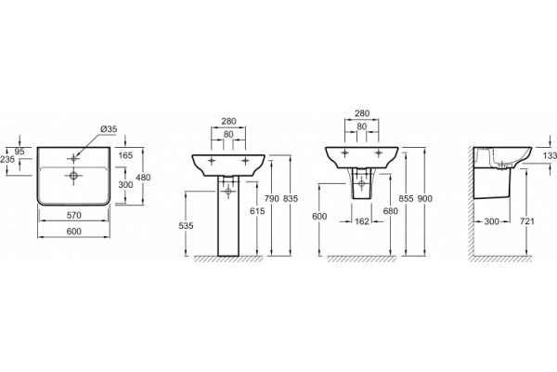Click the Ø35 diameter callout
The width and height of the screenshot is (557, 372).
109,129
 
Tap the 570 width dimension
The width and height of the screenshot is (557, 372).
74,216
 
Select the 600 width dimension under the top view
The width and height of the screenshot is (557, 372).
74,232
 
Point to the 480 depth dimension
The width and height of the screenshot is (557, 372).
144,178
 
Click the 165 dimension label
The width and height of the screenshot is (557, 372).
125,155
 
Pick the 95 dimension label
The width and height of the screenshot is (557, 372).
19,152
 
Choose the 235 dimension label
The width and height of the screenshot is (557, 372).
7,159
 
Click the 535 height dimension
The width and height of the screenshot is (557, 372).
186,226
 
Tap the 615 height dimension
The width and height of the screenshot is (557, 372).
257,211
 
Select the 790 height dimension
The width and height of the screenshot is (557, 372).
272,199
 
